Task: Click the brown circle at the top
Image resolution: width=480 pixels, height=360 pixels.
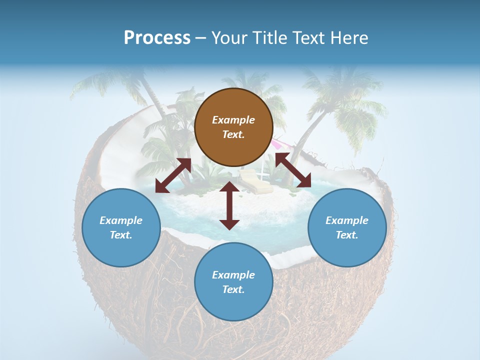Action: pos(233,127)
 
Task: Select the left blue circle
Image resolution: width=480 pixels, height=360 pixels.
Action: pos(121,227)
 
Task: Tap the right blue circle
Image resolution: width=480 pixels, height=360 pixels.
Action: pos(347,227)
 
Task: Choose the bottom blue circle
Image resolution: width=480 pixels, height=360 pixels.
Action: pos(233,282)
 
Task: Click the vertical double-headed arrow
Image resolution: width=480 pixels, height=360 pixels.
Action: pos(229,205)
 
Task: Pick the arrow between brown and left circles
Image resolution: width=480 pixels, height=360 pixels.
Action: pos(173,175)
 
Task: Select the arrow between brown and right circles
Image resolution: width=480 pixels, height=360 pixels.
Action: pos(293,170)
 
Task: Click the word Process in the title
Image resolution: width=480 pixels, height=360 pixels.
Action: pos(157,37)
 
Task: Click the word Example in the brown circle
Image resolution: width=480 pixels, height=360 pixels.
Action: pos(233,120)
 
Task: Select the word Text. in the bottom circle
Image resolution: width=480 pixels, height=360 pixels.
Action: pos(233,289)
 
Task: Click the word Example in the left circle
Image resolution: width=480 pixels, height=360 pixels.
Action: pos(121,220)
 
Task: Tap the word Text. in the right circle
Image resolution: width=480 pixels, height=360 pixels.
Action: pos(347,235)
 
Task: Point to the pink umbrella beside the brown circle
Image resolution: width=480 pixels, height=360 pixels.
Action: pos(276,145)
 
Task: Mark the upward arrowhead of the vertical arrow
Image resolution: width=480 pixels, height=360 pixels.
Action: pos(229,187)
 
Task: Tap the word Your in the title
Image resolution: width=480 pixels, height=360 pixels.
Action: pos(228,37)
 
